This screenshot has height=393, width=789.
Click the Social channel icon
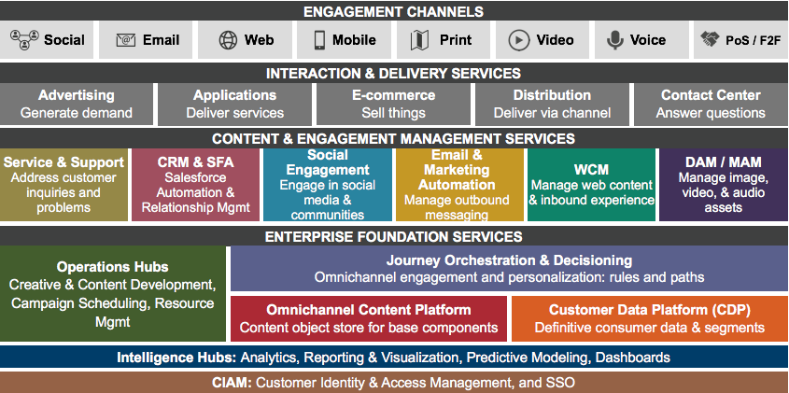(x=22, y=40)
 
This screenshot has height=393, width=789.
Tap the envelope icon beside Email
(x=125, y=40)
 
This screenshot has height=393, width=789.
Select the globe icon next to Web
(x=228, y=40)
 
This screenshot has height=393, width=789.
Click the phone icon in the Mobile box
(x=318, y=40)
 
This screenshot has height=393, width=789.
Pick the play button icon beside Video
(x=519, y=40)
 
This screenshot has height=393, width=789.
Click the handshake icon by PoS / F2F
(x=711, y=40)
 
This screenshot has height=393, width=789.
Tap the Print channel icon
(x=419, y=40)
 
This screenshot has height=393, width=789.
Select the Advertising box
(x=77, y=104)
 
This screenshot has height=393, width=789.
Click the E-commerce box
(x=393, y=104)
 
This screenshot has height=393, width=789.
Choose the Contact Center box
(x=711, y=104)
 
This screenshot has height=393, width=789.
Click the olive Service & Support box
(x=63, y=184)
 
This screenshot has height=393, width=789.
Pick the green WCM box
(x=591, y=184)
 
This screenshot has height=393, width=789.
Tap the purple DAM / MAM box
(x=723, y=184)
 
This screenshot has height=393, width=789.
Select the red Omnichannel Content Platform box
(x=369, y=318)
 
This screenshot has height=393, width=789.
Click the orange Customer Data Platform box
(x=650, y=318)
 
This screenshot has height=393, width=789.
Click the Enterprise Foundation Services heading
(x=393, y=237)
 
